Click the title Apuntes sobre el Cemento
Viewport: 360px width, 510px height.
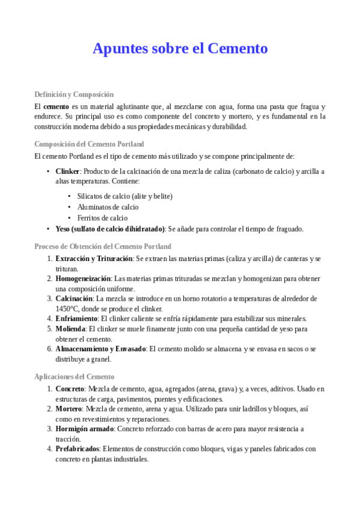pyautogui.click(x=180, y=49)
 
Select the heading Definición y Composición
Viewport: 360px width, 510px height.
pyautogui.click(x=74, y=94)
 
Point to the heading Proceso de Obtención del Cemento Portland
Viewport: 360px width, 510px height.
pyautogui.click(x=103, y=247)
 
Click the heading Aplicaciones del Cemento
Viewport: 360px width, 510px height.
pyautogui.click(x=75, y=376)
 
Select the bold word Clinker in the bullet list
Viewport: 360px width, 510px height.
pyautogui.click(x=67, y=171)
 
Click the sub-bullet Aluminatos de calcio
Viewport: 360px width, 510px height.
pyautogui.click(x=108, y=207)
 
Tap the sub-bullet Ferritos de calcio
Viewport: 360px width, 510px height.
pyautogui.click(x=102, y=218)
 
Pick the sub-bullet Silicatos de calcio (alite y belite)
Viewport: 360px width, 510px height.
pyautogui.click(x=124, y=196)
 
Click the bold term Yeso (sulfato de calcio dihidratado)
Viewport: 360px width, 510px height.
pyautogui.click(x=110, y=229)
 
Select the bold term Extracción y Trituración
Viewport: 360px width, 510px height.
pyautogui.click(x=94, y=259)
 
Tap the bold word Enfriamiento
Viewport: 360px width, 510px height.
pyautogui.click(x=76, y=319)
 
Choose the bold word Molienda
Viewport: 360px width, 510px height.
pyautogui.click(x=70, y=330)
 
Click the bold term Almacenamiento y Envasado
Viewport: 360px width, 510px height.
pyautogui.click(x=100, y=349)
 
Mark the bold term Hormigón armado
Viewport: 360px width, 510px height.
pyautogui.click(x=84, y=429)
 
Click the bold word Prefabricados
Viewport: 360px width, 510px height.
pyautogui.click(x=77, y=449)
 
